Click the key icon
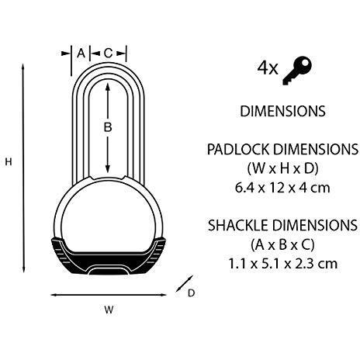[x=297, y=71]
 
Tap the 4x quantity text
[x=268, y=68]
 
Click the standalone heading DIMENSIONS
[x=282, y=111]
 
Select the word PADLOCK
[x=238, y=149]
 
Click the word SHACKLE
[x=238, y=225]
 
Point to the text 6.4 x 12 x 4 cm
[x=282, y=188]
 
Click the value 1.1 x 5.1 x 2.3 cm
[x=283, y=264]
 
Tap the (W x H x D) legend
[x=282, y=168]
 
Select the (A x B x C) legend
[x=282, y=244]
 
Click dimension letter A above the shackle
[x=81, y=54]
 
